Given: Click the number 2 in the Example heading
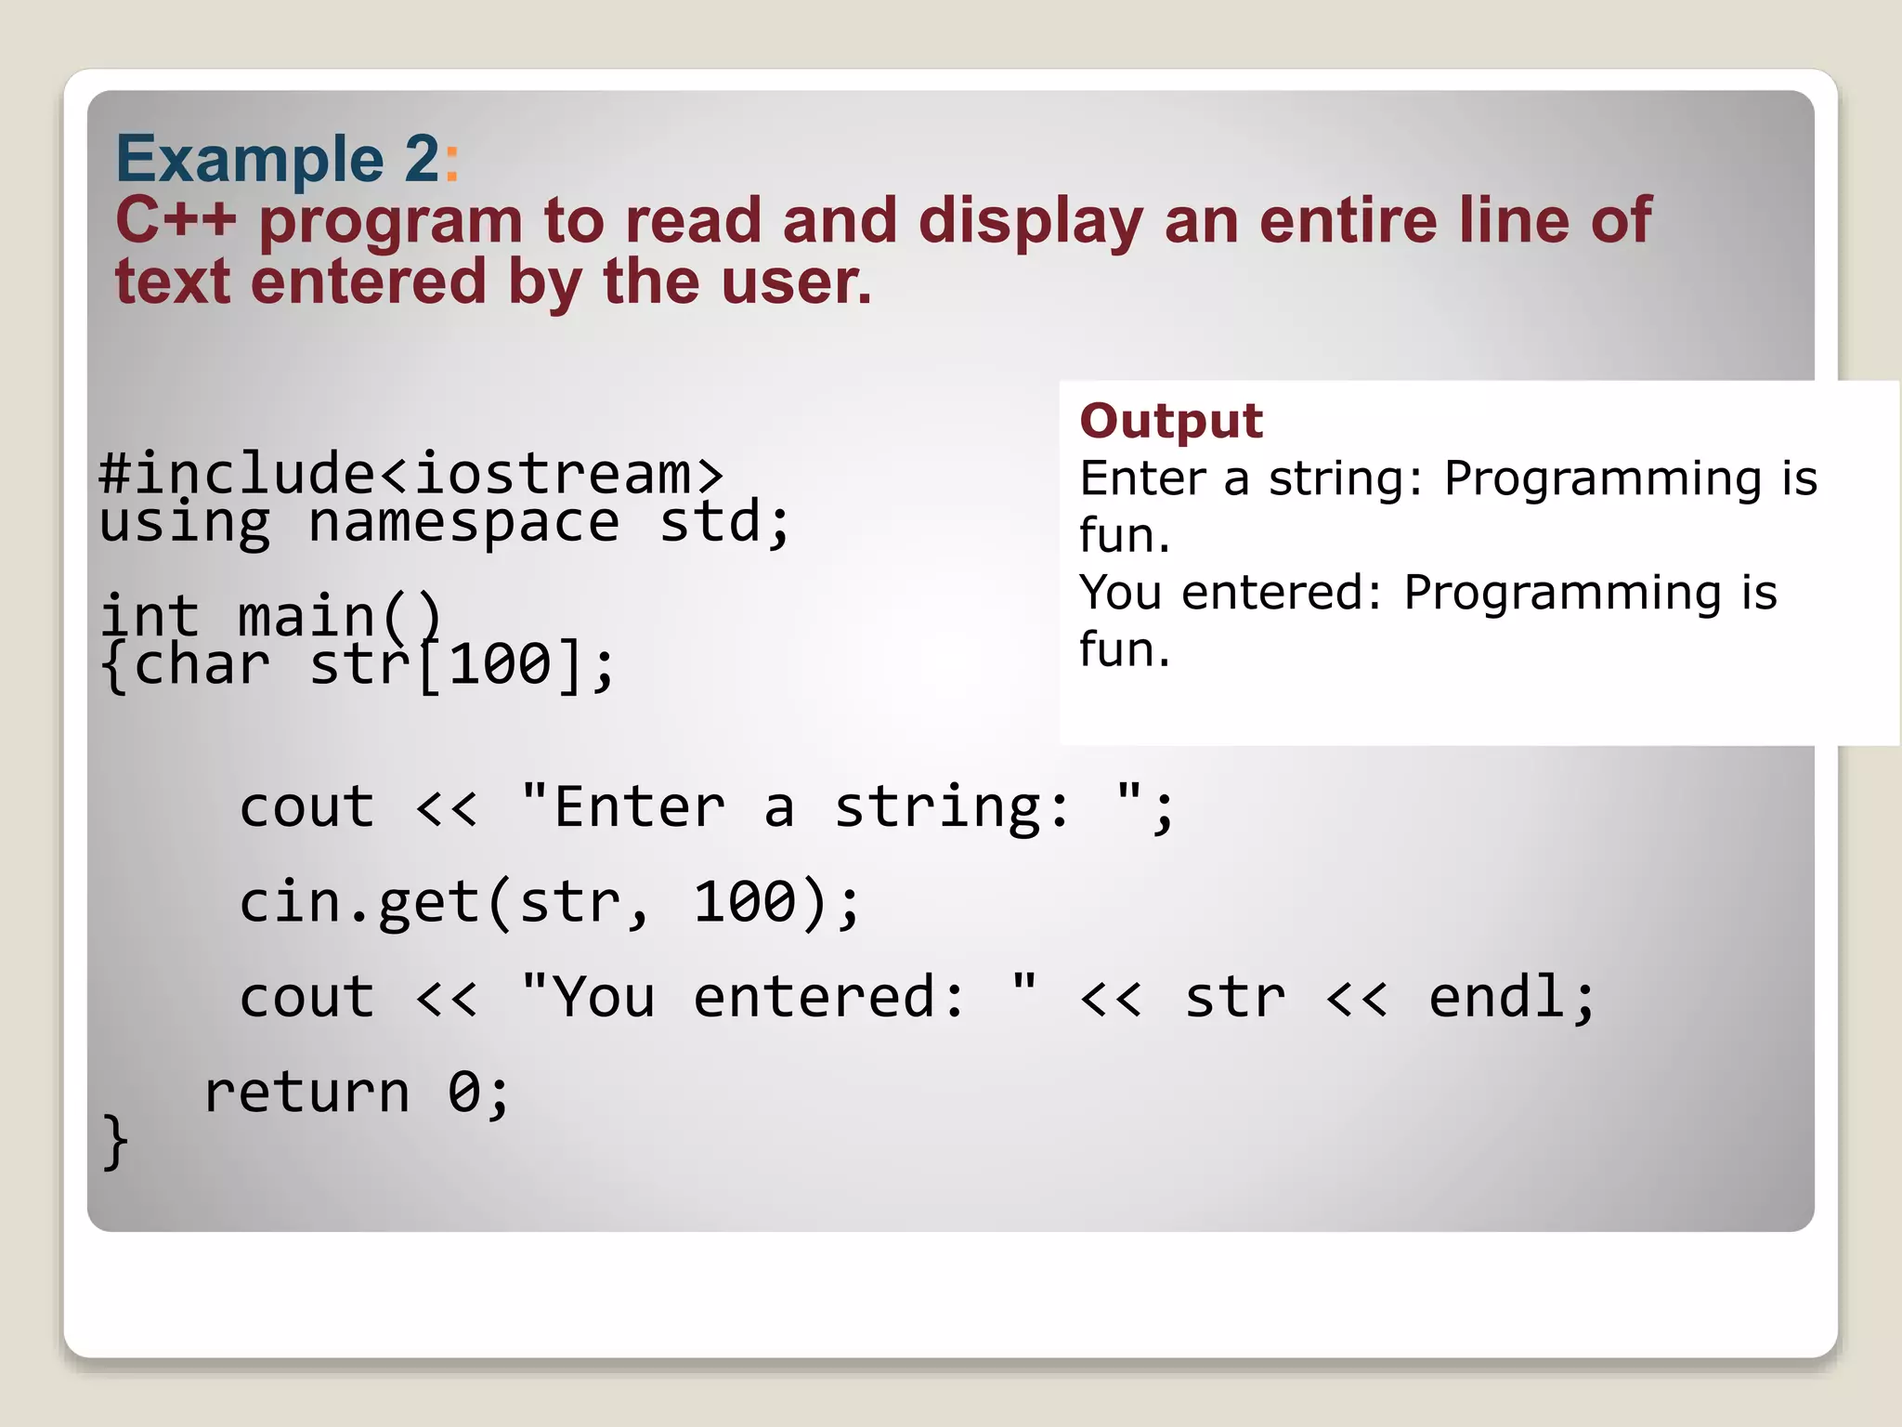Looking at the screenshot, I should [x=423, y=160].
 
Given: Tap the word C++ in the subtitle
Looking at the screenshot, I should [x=176, y=221].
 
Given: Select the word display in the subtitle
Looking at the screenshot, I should [x=1030, y=223].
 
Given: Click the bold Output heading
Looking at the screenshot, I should [x=1170, y=421].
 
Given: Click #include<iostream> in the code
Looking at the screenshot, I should [x=410, y=473].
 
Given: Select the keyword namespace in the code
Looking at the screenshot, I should [x=462, y=523].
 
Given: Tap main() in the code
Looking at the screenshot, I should [x=340, y=617].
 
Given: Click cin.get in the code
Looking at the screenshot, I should [x=359, y=902].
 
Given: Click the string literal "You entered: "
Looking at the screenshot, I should [x=778, y=997].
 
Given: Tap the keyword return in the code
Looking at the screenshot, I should [x=306, y=1092].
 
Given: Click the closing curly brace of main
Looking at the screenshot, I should [x=115, y=1141].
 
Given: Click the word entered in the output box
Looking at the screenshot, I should [x=1282, y=593].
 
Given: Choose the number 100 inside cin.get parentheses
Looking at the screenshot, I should [x=745, y=902].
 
